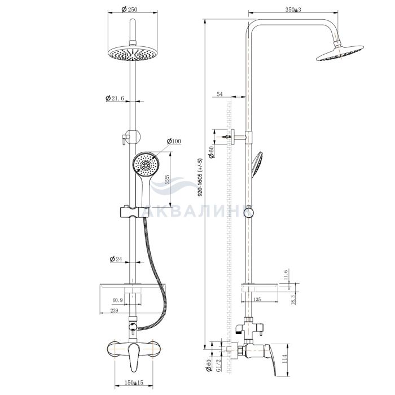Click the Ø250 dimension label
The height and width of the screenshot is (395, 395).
pyautogui.click(x=129, y=10)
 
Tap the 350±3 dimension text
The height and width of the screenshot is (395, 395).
pyautogui.click(x=293, y=10)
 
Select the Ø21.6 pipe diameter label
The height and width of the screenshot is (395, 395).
pyautogui.click(x=115, y=98)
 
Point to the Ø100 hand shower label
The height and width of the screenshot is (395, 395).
pyautogui.click(x=174, y=141)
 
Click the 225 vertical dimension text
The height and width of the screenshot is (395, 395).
pyautogui.click(x=167, y=179)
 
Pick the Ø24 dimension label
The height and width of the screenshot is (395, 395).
pyautogui.click(x=116, y=258)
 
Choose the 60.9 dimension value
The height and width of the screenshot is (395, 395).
pyautogui.click(x=117, y=300)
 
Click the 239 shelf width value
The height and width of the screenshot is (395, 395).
pyautogui.click(x=114, y=310)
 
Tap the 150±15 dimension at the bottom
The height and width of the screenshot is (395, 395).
pyautogui.click(x=134, y=383)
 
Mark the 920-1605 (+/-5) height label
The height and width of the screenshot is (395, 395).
pyautogui.click(x=200, y=177)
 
